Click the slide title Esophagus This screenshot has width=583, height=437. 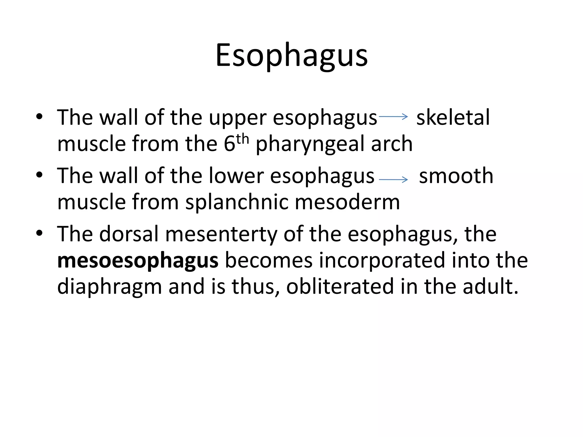tap(291, 55)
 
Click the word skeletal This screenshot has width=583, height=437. tap(453, 117)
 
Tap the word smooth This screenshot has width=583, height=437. tap(456, 176)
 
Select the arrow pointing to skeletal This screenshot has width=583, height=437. tap(393, 116)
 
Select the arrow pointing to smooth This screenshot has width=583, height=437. tap(393, 179)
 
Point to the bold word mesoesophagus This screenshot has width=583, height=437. tap(138, 260)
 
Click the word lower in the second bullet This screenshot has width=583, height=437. tap(236, 176)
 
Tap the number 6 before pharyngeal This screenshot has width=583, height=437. tap(229, 144)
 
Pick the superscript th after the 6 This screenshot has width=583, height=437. tap(243, 139)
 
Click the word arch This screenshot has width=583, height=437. tap(391, 144)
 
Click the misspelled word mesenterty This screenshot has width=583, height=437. tap(221, 234)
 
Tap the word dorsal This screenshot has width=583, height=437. tap(129, 234)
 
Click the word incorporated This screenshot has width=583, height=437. tap(381, 260)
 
